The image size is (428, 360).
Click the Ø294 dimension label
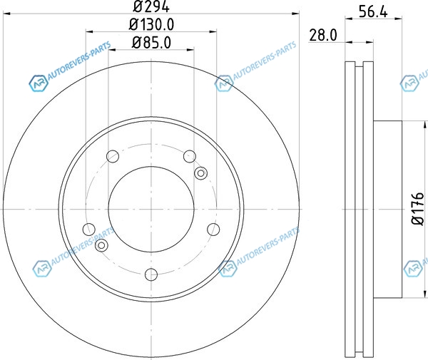tap(151, 6)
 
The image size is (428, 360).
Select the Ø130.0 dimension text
tap(151, 25)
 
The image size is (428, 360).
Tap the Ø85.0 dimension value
tap(151, 43)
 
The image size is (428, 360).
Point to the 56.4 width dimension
tap(373, 11)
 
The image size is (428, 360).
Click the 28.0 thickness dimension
tap(323, 35)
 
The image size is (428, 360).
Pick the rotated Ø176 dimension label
tap(417, 209)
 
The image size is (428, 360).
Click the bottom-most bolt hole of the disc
tap(151, 274)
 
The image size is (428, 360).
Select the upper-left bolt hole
tap(113, 156)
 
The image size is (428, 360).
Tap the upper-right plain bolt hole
tap(190, 156)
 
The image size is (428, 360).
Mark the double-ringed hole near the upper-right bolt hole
tap(200, 173)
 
